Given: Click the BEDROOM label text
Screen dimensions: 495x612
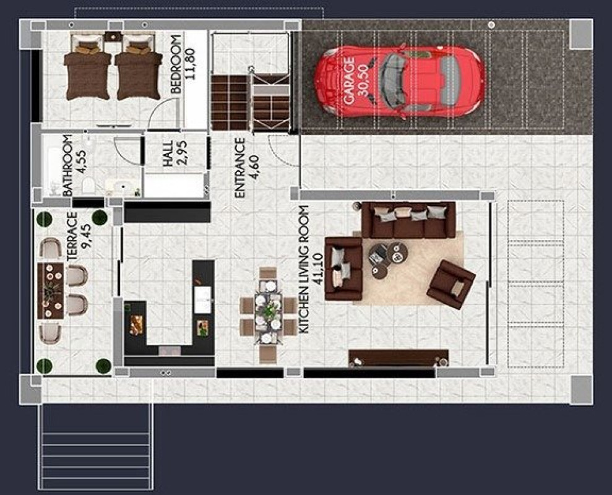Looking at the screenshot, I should pos(176,64).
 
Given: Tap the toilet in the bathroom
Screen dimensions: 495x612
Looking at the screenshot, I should pos(88,184).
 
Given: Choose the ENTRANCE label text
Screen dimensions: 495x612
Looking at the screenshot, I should pos(240,168).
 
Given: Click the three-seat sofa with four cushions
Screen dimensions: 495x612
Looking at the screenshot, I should pos(408,220).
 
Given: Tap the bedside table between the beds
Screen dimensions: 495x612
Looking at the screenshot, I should pos(113,37).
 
